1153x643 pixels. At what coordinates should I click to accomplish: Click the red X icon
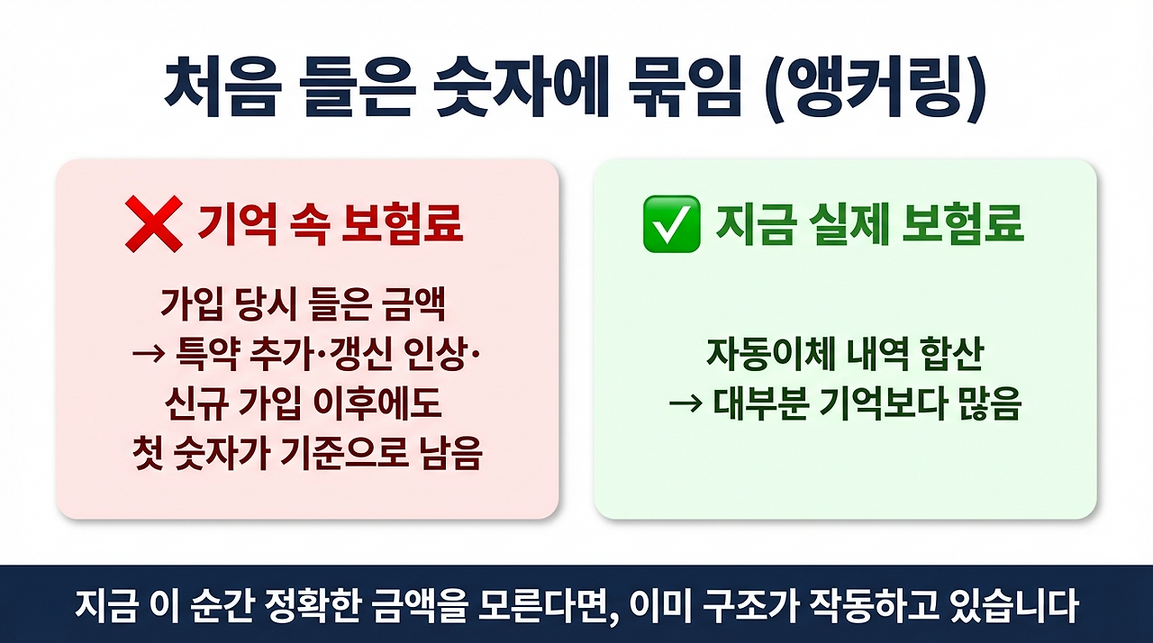click(x=155, y=224)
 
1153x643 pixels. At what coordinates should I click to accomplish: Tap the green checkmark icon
click(x=671, y=224)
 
